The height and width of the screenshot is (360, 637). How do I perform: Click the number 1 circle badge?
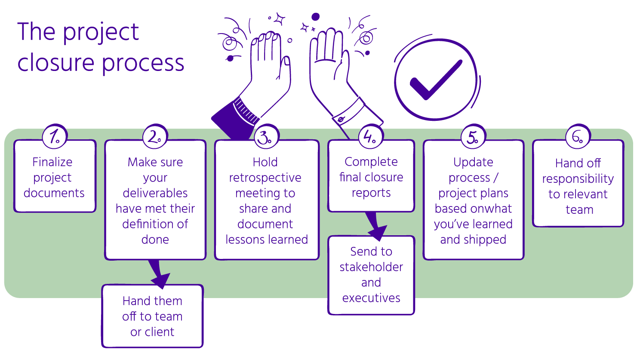(55, 137)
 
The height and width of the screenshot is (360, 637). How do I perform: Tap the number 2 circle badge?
(155, 137)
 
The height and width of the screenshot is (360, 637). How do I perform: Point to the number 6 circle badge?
(578, 137)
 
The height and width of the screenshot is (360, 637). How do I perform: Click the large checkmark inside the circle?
(435, 80)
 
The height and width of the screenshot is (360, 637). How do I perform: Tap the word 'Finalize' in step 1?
(52, 162)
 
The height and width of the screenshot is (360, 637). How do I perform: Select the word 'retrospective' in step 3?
(265, 178)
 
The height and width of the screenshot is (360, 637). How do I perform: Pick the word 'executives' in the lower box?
(371, 298)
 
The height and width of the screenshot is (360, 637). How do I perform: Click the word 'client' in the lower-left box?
(159, 332)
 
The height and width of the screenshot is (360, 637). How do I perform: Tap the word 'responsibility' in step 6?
(578, 179)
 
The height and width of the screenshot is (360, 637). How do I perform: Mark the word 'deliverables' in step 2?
(155, 193)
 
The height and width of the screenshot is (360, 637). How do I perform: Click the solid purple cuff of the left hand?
(232, 120)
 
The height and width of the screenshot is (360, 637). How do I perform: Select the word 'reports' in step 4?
(371, 193)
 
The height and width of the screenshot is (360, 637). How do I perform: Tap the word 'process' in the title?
(143, 63)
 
